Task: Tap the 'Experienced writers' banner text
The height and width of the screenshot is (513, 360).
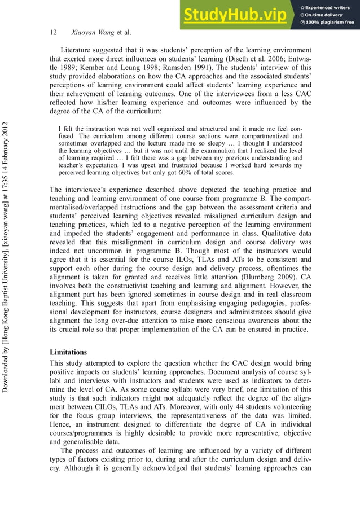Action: (328, 6)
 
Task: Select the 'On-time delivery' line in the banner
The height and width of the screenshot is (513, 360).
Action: (325, 14)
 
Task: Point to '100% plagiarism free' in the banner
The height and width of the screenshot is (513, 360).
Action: (330, 22)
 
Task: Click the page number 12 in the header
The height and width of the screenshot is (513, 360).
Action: (54, 33)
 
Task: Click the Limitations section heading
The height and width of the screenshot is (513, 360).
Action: (68, 352)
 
